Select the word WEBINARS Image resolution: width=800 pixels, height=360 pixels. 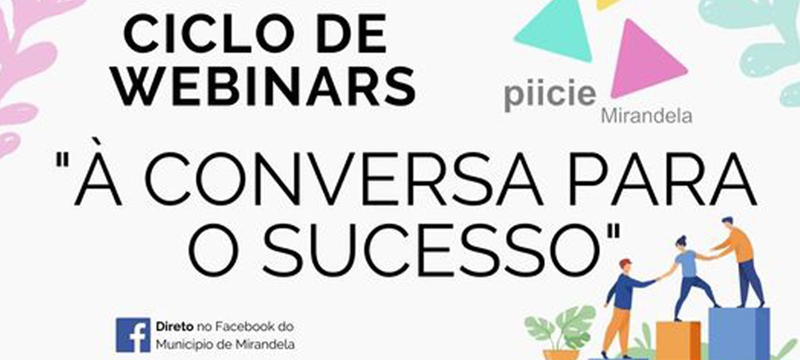(265, 86)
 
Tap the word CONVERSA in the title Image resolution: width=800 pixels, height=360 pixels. (343, 179)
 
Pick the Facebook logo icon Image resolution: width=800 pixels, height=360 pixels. (133, 335)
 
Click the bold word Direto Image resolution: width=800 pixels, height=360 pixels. (174, 326)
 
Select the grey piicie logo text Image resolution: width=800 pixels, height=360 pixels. (550, 94)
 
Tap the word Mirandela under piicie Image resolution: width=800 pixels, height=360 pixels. (646, 117)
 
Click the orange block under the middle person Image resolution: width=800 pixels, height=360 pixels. (679, 341)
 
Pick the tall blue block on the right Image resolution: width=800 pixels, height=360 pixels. (739, 333)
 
